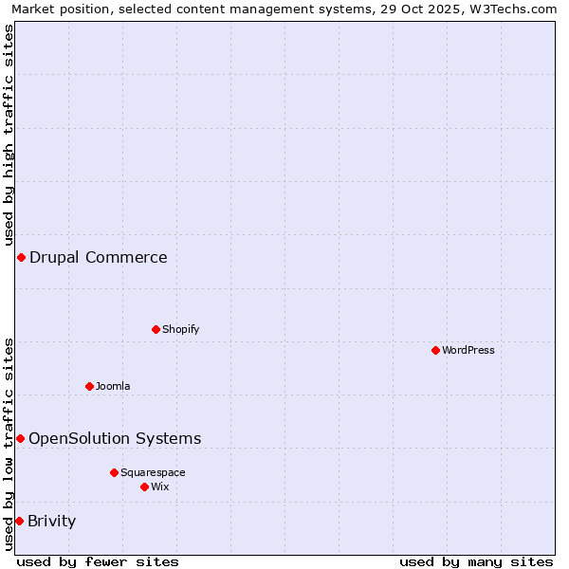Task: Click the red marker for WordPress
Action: point(436,351)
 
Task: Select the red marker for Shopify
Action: point(156,330)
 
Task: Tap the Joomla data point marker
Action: point(90,386)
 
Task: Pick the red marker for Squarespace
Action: point(115,472)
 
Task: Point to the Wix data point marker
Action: point(145,486)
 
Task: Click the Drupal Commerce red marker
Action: point(21,258)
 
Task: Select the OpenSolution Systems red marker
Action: point(20,438)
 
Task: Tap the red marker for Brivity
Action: point(19,521)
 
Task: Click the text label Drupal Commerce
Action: point(99,258)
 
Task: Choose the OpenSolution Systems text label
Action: point(115,438)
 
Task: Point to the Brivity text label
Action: point(52,521)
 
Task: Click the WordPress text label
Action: point(468,351)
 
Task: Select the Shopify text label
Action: point(181,330)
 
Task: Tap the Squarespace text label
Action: point(153,472)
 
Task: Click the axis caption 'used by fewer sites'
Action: point(98,561)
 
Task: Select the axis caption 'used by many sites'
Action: point(476,561)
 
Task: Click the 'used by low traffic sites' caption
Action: point(9,444)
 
